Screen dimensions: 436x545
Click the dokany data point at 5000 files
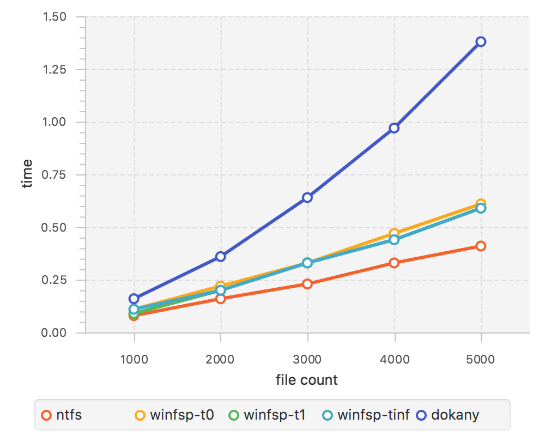point(481,42)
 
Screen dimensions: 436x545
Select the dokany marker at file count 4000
point(394,128)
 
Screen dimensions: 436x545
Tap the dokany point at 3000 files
point(307,197)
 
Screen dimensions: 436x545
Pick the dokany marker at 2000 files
point(221,256)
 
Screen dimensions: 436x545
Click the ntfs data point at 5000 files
point(481,246)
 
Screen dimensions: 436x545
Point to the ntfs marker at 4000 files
point(394,263)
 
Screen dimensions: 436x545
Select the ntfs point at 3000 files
point(307,284)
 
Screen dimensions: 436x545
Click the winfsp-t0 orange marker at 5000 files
point(481,203)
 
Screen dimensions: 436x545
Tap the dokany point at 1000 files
point(134,299)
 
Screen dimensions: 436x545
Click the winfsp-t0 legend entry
point(174,415)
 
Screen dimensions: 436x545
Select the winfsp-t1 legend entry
point(267,415)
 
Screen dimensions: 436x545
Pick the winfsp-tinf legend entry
point(366,415)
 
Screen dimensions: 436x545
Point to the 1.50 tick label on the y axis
point(55,17)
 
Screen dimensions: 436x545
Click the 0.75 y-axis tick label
point(55,175)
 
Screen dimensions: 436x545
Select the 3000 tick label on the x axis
point(307,359)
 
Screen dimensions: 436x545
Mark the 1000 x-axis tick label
point(134,359)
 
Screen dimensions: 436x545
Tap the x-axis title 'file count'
point(307,380)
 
